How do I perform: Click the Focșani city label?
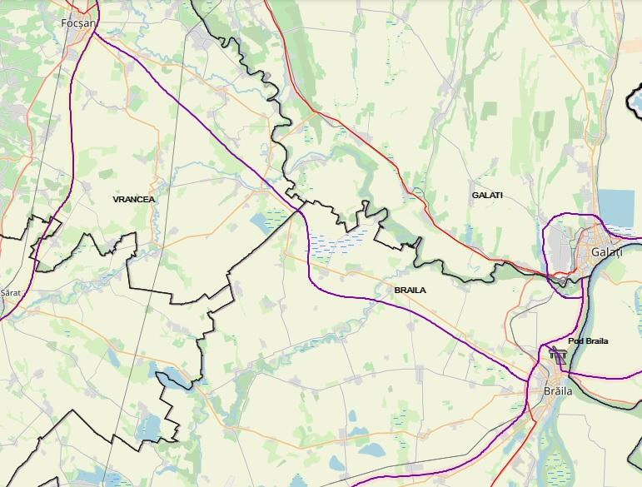click(x=80, y=23)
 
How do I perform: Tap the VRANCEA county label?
click(x=134, y=200)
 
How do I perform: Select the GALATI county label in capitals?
click(x=487, y=195)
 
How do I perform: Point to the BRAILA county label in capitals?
click(x=411, y=290)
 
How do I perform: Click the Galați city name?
click(x=606, y=252)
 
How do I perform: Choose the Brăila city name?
click(x=559, y=390)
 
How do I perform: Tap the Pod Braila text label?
click(x=588, y=341)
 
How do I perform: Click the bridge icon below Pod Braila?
click(x=558, y=356)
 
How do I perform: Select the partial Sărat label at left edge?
click(x=10, y=294)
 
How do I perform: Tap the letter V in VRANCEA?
click(x=116, y=200)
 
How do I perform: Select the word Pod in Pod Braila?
click(x=575, y=341)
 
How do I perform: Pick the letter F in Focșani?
click(x=64, y=23)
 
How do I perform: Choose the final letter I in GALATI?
click(x=501, y=195)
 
